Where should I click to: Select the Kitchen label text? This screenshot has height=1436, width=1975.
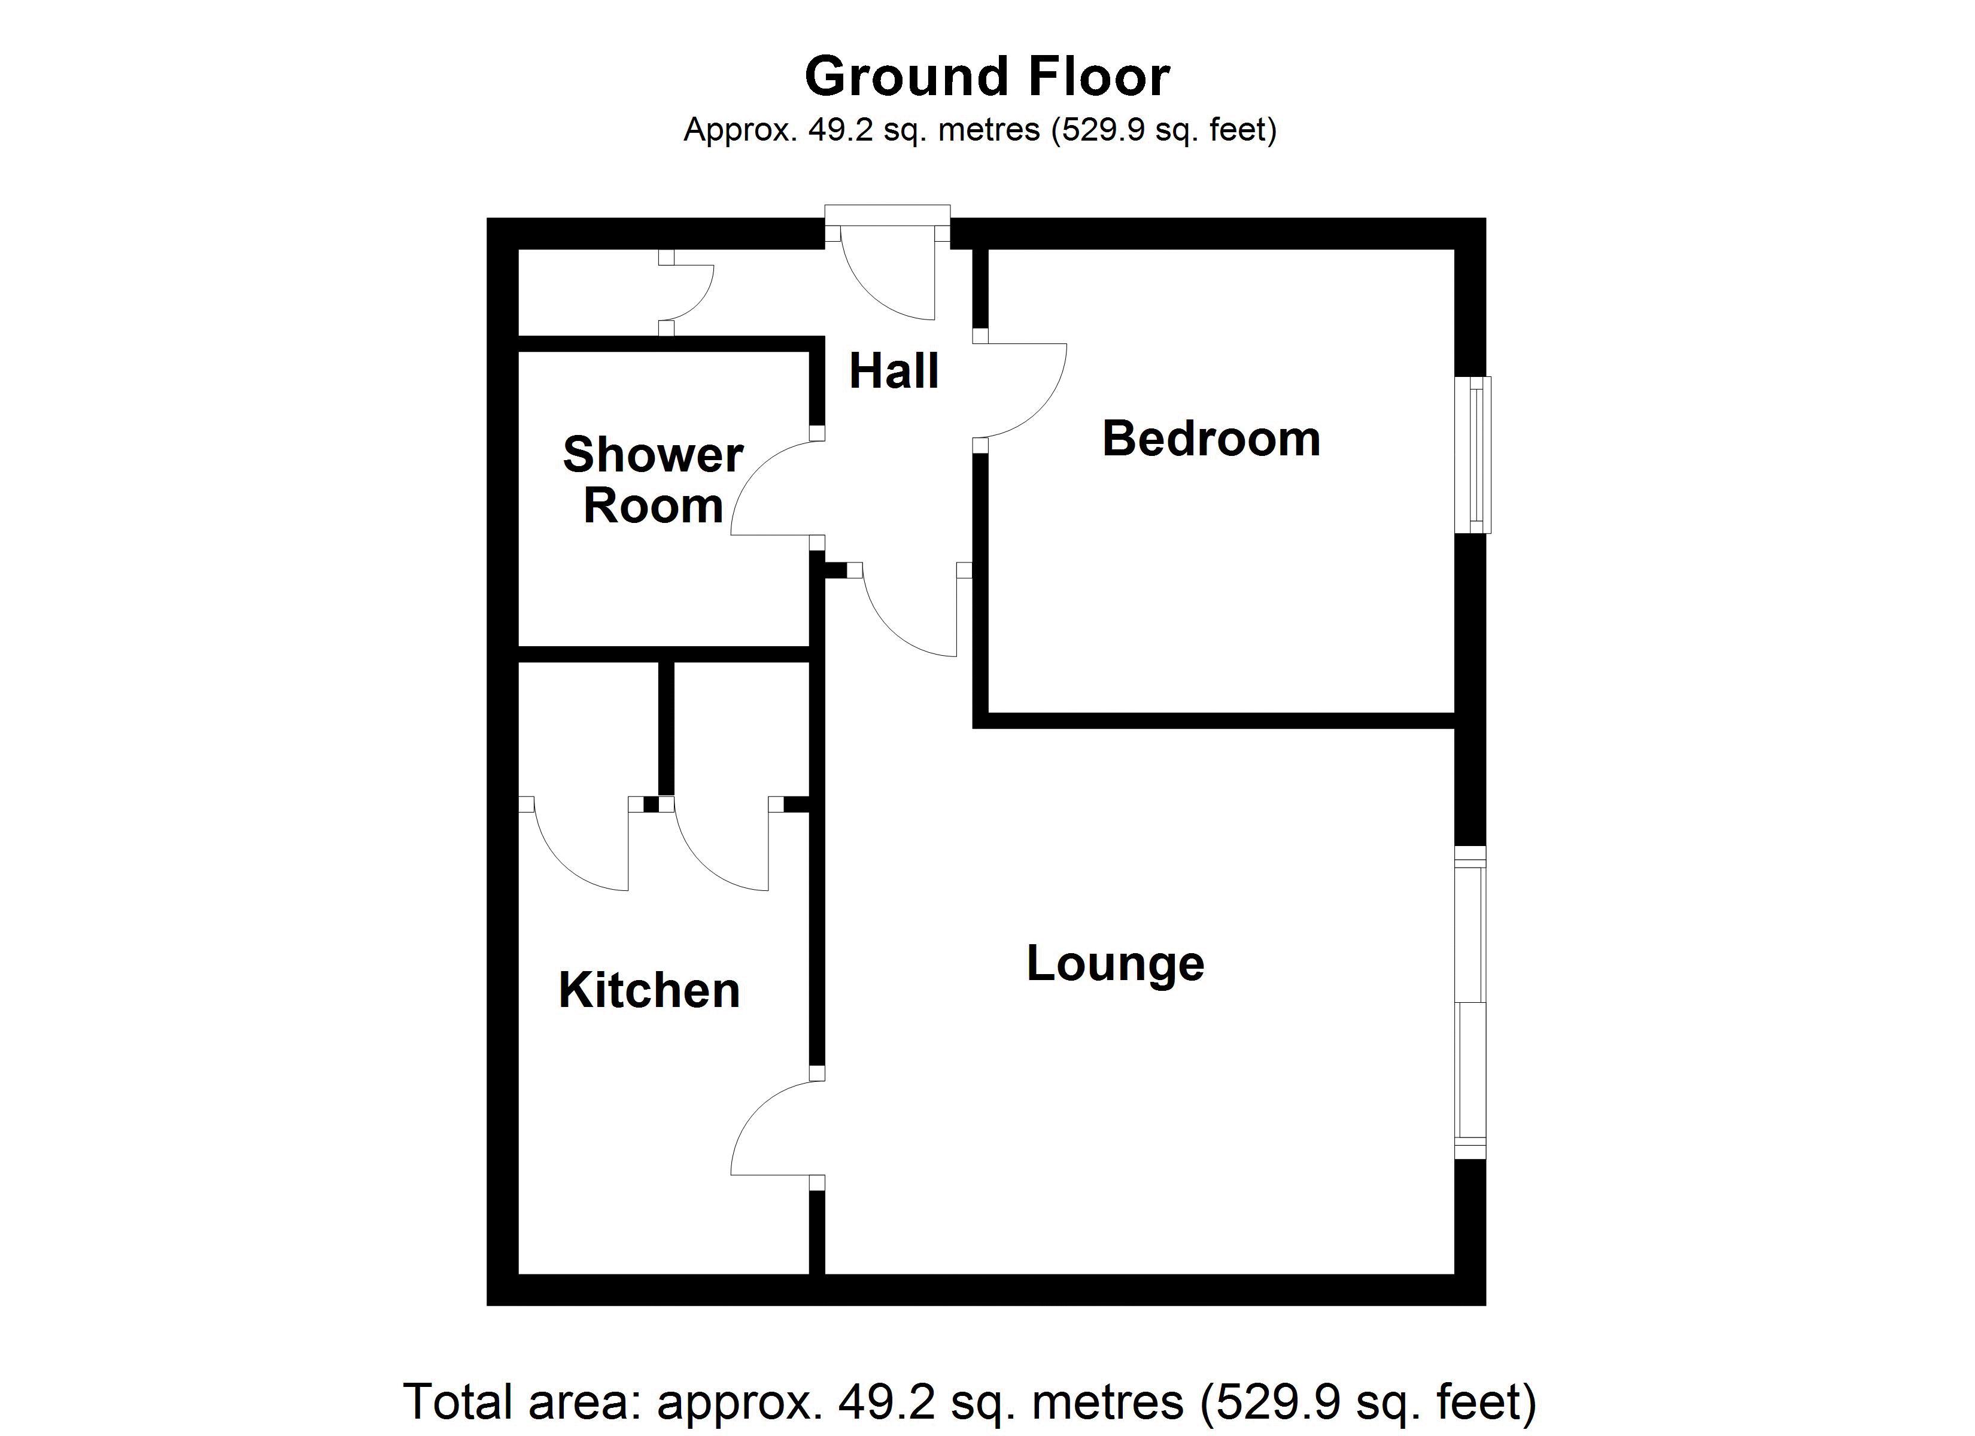click(x=649, y=990)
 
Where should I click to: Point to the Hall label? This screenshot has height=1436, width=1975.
click(x=894, y=371)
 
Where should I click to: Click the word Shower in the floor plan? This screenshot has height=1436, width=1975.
click(x=653, y=455)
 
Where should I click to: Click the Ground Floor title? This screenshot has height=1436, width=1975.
click(x=987, y=77)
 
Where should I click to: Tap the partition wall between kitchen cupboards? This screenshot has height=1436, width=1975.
click(x=666, y=728)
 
